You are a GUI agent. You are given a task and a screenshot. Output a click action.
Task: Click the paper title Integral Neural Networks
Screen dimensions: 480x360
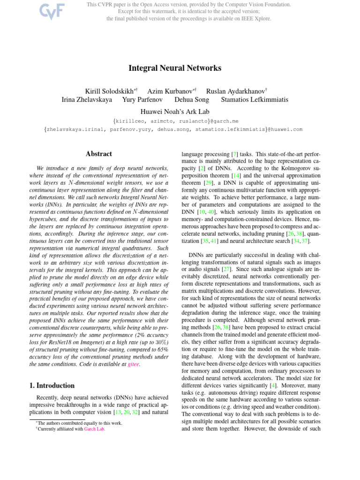click(x=175, y=68)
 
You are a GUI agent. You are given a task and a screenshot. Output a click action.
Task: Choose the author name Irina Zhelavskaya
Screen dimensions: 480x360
click(x=87, y=99)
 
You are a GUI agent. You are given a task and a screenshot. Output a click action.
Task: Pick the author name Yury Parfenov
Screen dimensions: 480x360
click(x=143, y=99)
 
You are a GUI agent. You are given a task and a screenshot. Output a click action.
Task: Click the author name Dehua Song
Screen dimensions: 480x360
click(x=193, y=99)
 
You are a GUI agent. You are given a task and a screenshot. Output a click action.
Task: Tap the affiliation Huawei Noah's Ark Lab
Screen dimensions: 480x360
click(x=175, y=112)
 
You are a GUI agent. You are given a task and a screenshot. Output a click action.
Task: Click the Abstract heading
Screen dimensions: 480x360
click(x=99, y=154)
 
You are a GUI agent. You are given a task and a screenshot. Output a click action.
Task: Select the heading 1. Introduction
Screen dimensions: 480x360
click(x=52, y=386)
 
